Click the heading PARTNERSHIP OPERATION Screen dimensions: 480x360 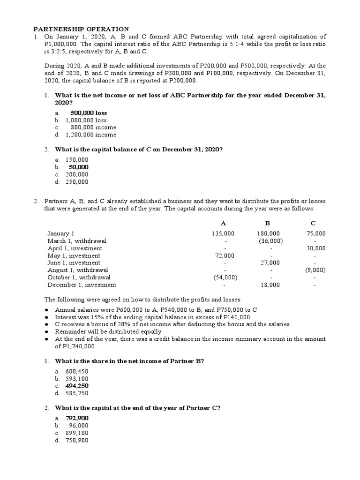coord(80,29)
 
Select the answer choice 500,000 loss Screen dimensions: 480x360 coord(89,113)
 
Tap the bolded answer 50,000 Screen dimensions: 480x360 coord(78,167)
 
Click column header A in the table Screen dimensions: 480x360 coord(223,222)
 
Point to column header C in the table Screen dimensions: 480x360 coord(313,222)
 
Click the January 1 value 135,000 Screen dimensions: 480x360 coord(223,233)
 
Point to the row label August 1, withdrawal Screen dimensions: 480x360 coord(78,270)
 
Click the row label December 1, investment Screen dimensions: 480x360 coord(82,285)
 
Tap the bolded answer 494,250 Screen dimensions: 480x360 coord(77,386)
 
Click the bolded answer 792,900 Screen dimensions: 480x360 coord(77,418)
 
